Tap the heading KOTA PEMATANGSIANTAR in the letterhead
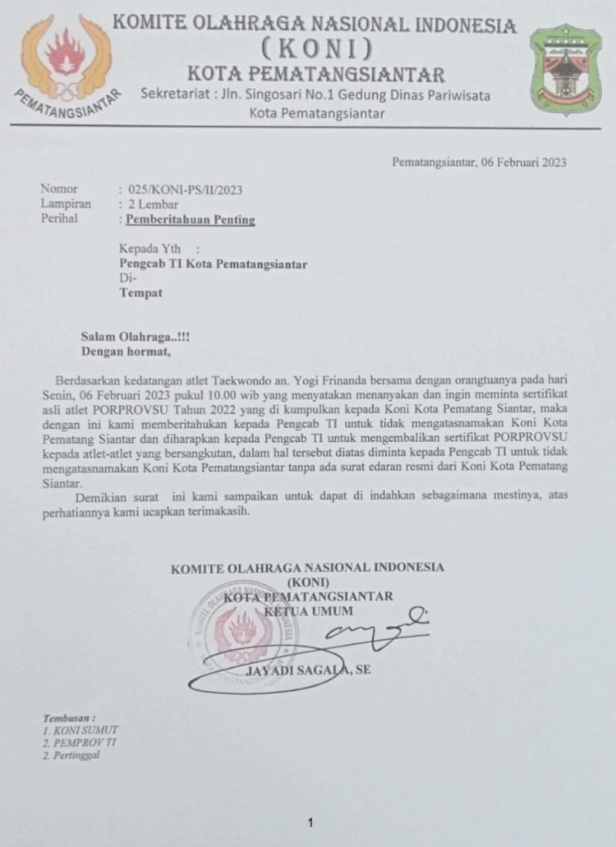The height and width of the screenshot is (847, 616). click(x=316, y=75)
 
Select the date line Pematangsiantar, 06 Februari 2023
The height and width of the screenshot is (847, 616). click(x=478, y=162)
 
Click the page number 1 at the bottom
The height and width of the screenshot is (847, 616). click(x=310, y=822)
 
